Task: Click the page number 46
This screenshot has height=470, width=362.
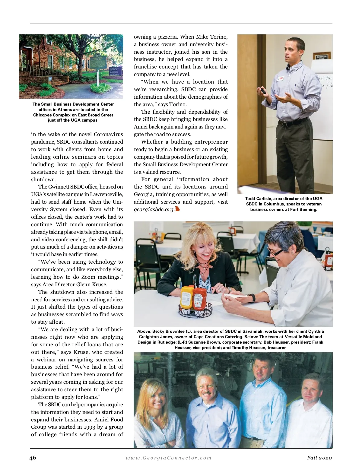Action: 33,458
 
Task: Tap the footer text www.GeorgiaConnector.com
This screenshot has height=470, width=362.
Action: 169,458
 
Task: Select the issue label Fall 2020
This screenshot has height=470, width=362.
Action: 319,458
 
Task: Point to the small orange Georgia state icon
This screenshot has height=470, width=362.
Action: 177,208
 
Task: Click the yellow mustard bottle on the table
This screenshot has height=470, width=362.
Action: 186,297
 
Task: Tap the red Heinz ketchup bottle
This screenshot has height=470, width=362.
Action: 199,299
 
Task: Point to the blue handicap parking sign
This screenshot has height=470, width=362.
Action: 50,78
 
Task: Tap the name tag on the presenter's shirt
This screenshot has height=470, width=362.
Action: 281,78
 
